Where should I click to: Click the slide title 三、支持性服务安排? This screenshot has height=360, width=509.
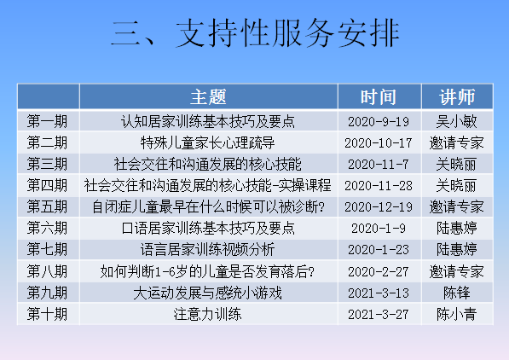coord(255,32)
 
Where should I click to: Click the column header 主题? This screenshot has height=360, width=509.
coord(208,96)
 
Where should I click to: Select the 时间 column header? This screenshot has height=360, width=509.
coord(379,96)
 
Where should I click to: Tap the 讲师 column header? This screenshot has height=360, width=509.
coord(457,96)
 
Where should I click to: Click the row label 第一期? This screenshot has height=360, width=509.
coord(47,121)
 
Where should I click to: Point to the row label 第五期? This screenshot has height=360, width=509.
coord(47,206)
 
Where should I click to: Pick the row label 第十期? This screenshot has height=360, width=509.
coord(47,314)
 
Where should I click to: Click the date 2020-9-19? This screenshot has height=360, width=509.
coord(379,122)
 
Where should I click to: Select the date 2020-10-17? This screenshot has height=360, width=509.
coord(379,143)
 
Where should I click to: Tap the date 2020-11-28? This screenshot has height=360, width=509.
coord(379,186)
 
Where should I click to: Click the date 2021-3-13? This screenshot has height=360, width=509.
coord(379,293)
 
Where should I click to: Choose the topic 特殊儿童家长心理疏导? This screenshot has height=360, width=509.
coord(207,142)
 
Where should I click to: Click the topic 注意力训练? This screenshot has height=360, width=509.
coord(207,314)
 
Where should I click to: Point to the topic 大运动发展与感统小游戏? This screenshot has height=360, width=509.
coord(207,293)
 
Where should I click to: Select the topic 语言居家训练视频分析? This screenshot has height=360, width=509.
coord(207,250)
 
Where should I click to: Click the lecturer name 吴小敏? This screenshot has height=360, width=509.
coord(456,121)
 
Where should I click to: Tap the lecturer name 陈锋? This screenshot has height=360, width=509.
coord(456,293)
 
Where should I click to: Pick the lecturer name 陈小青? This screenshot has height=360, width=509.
coord(456,314)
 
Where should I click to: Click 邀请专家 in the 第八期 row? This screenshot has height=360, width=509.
coord(456,271)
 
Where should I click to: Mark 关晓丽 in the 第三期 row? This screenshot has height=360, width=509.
coord(456,164)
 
